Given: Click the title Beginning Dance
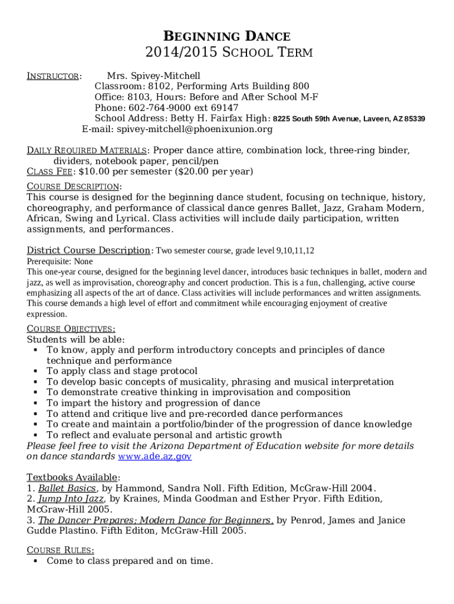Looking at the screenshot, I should coord(226,37).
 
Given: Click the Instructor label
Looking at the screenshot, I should coord(54,76).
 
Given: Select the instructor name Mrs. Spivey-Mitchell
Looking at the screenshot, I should coord(153,76).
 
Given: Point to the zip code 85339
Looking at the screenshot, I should coord(415,119).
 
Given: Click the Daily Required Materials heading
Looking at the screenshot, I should coord(86,150).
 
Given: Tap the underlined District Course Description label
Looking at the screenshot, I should coord(88,250).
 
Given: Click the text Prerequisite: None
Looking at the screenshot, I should coord(60,261).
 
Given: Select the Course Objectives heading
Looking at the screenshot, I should coord(71,329).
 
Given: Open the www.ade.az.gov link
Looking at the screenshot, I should coord(154,457).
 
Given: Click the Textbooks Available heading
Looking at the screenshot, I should coord(73,477).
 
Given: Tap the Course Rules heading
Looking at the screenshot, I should coord(59,550).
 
